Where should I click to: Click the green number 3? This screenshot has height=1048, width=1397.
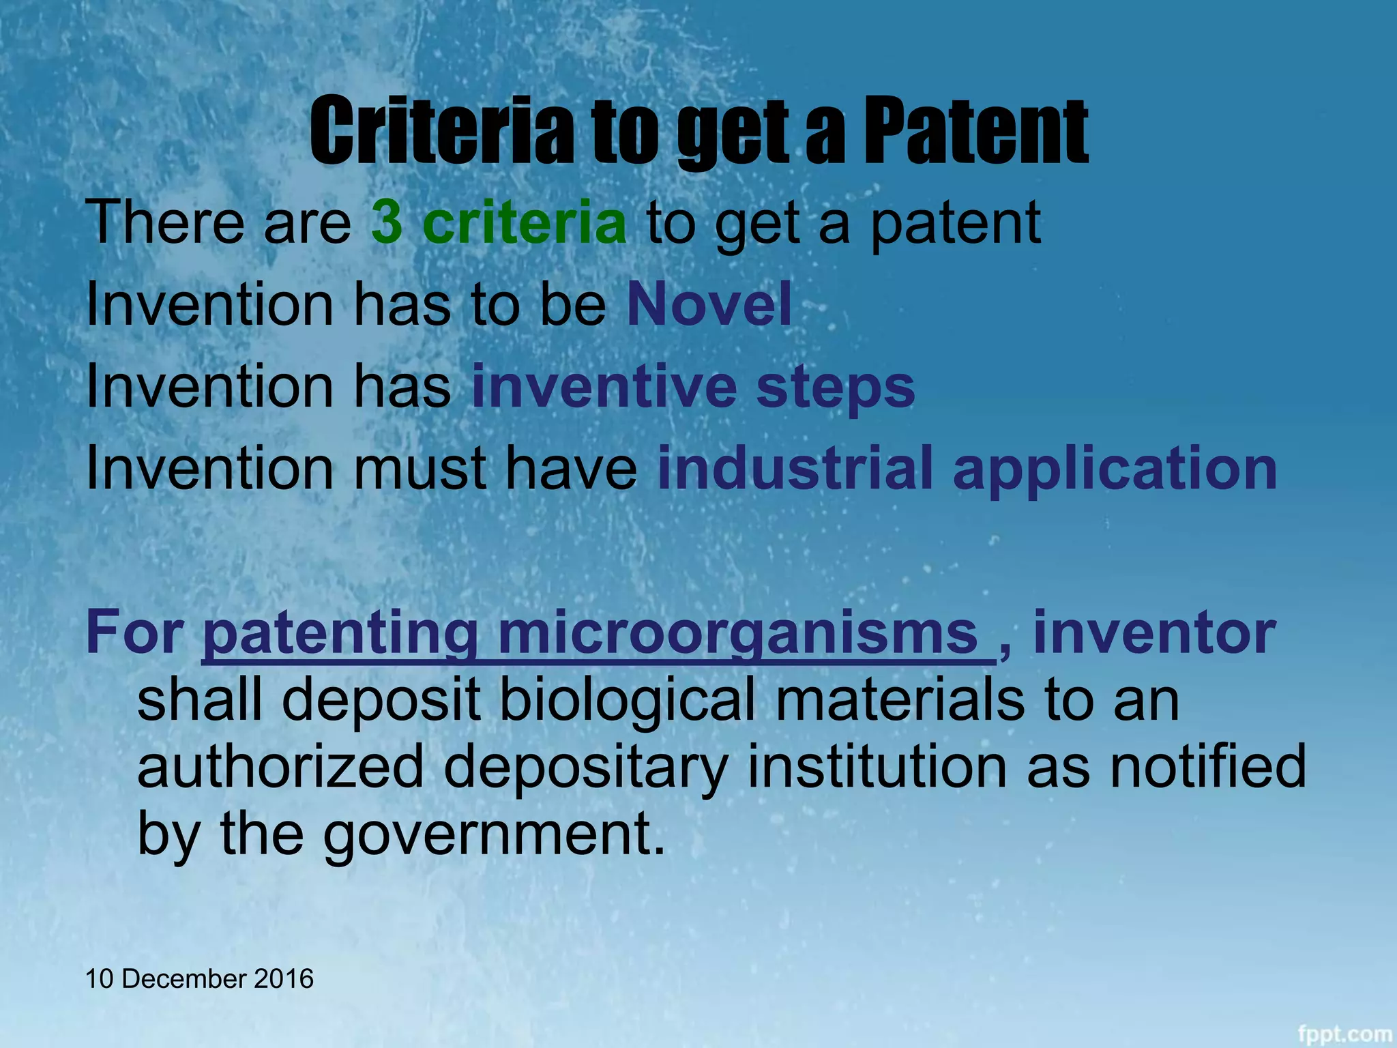coord(387,223)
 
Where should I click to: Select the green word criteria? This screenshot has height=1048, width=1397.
coord(524,223)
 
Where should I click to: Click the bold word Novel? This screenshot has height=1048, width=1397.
coord(709,304)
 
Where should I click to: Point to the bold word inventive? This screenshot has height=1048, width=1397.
coord(604,387)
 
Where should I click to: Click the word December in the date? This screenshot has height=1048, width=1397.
coord(183,979)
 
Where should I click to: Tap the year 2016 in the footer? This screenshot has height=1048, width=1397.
coord(284,979)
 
